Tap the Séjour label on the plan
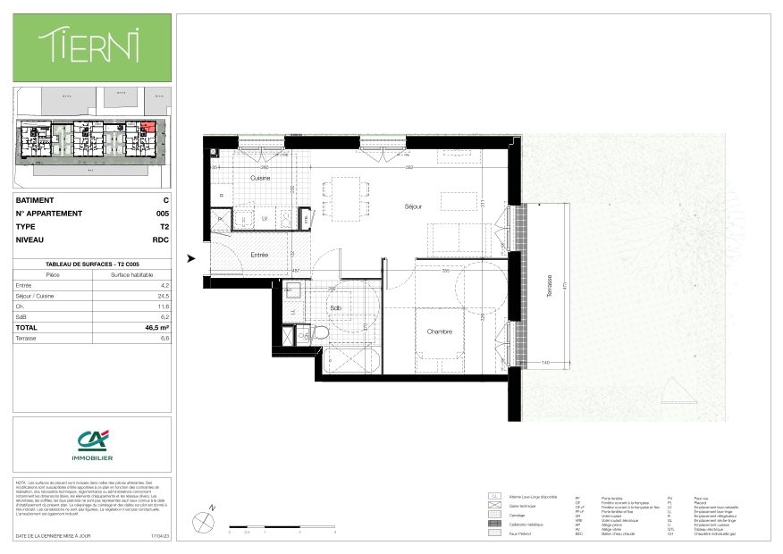(x=412, y=206)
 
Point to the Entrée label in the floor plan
(x=259, y=255)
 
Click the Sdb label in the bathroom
(x=335, y=308)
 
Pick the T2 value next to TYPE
(x=164, y=227)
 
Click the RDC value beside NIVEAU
(x=161, y=239)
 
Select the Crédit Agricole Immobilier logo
(x=91, y=445)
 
